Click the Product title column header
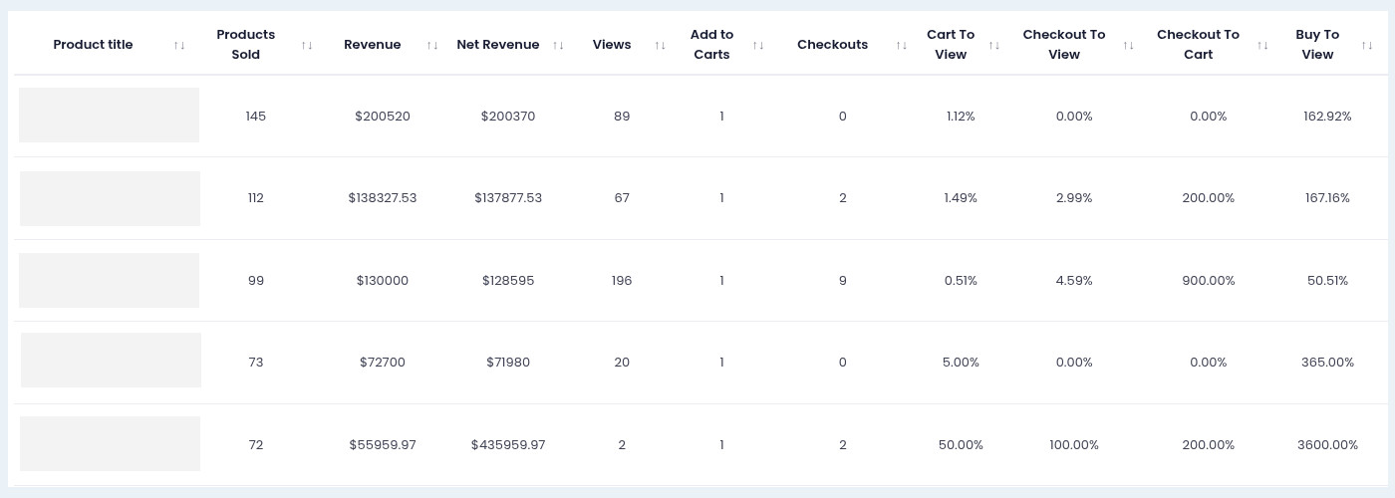click(x=93, y=45)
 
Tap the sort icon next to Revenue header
click(x=432, y=45)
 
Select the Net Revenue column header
click(x=497, y=45)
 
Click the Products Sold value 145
click(x=256, y=117)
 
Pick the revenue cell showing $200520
click(x=383, y=117)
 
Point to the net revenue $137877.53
click(x=508, y=198)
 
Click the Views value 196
click(x=622, y=281)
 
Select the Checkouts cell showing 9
click(x=843, y=281)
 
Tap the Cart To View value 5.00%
click(x=961, y=363)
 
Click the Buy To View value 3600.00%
click(x=1327, y=445)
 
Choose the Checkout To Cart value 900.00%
click(x=1208, y=281)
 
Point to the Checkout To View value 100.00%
click(x=1074, y=445)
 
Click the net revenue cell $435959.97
click(x=508, y=445)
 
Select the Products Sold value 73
click(x=256, y=363)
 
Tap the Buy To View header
click(x=1317, y=45)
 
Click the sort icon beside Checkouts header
click(x=901, y=45)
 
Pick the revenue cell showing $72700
click(x=383, y=363)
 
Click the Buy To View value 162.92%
click(x=1327, y=117)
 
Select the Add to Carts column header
click(x=711, y=45)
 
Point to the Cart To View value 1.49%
click(x=961, y=198)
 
